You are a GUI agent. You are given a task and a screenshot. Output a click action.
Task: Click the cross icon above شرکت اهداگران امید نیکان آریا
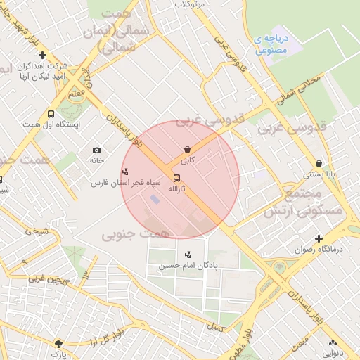click(x=43, y=55)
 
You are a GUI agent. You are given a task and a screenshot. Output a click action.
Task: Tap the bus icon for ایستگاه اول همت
click(x=51, y=114)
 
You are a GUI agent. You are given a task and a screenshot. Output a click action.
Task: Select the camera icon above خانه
click(x=96, y=150)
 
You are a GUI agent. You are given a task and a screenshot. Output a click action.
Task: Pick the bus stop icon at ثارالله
click(x=175, y=178)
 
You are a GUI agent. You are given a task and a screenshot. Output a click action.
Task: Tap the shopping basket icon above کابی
click(x=187, y=150)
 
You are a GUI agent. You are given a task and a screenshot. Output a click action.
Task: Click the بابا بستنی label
click(x=319, y=174)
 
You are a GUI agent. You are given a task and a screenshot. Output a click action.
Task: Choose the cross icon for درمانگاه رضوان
click(x=319, y=238)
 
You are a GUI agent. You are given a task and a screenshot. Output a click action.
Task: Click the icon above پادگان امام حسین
click(x=187, y=255)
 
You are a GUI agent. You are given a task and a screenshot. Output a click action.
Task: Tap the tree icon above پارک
click(x=58, y=343)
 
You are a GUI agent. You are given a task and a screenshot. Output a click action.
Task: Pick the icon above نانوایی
click(x=333, y=342)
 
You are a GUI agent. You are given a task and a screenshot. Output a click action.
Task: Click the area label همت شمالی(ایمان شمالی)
click(x=126, y=31)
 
